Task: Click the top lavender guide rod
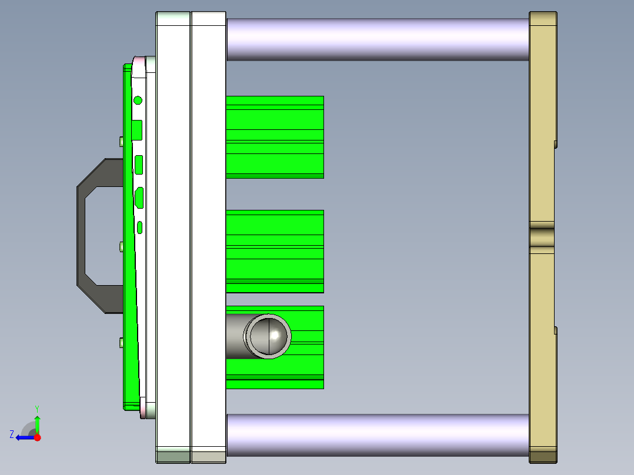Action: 378,39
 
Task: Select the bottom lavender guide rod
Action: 378,435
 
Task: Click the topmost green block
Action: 275,136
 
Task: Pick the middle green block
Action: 275,251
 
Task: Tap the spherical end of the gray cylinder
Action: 269,336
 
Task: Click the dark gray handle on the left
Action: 82,235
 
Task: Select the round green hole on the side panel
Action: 138,100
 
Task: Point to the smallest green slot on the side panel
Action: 140,228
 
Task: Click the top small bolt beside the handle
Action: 121,141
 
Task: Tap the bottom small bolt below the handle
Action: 121,342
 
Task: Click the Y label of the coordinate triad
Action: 36,408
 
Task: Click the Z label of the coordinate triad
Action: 12,434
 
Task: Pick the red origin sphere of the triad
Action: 37,437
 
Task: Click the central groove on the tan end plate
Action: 542,237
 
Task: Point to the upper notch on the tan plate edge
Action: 555,143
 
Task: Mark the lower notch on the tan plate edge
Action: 555,330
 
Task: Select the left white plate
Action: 173,235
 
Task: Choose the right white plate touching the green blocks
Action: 208,235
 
